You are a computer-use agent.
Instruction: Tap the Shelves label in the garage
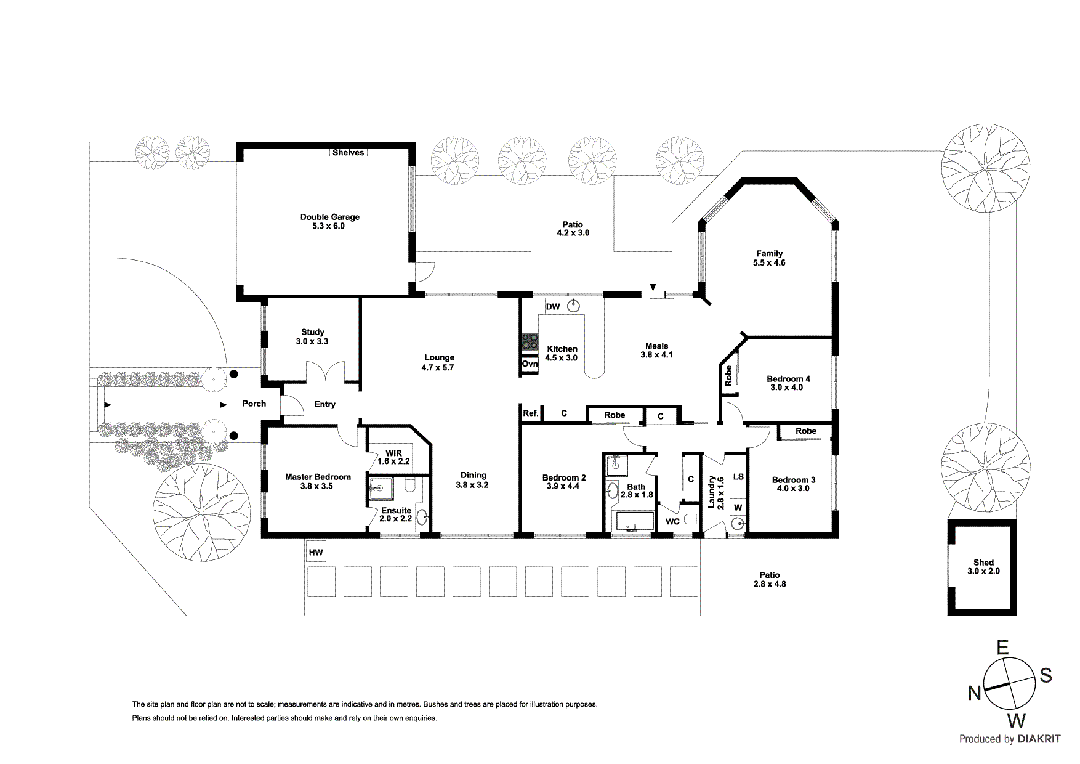(x=349, y=152)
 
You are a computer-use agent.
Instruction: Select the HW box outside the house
(x=315, y=552)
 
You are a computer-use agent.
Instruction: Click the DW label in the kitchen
(x=552, y=307)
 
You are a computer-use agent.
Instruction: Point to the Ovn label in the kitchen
(x=530, y=364)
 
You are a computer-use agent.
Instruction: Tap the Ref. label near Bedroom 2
(x=530, y=414)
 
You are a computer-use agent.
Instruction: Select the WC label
(x=672, y=521)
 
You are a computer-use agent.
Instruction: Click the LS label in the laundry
(x=738, y=476)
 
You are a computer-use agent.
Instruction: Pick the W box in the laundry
(x=738, y=508)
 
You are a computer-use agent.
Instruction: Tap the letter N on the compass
(x=974, y=694)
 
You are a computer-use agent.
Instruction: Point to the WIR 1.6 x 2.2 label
(x=393, y=457)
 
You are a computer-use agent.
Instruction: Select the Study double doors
(x=325, y=373)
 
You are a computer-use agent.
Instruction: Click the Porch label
(x=254, y=404)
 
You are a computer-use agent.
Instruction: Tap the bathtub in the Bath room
(x=635, y=521)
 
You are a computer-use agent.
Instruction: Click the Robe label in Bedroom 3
(x=805, y=431)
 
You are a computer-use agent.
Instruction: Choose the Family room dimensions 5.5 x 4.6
(x=769, y=262)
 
